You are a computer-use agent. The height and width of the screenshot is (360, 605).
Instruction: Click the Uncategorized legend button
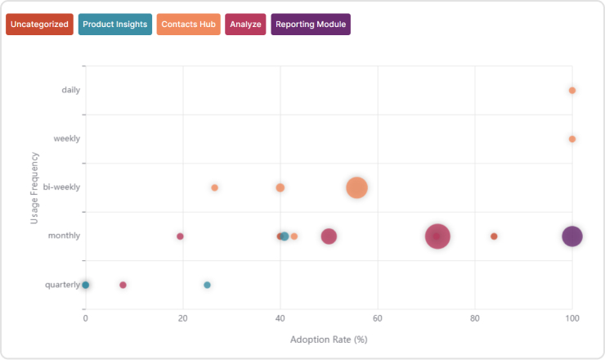click(39, 25)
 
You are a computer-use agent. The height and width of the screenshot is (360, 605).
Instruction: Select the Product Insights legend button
click(115, 25)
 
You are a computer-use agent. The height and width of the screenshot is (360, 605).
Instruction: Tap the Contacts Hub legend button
click(189, 25)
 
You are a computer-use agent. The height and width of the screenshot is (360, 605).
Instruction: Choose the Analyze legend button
click(246, 25)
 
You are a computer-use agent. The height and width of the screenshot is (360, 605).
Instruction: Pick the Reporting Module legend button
click(311, 25)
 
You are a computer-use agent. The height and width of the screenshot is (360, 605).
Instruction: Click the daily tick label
click(71, 90)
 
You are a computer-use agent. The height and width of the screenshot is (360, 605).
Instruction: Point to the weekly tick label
click(67, 138)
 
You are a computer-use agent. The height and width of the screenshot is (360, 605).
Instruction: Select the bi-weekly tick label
click(63, 187)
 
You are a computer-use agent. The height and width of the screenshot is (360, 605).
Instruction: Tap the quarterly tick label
click(62, 285)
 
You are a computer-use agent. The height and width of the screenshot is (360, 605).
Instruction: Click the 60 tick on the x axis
click(378, 317)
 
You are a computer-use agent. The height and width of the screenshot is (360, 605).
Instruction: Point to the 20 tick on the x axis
click(183, 317)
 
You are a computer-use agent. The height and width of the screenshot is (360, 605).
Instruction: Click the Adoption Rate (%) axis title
click(329, 339)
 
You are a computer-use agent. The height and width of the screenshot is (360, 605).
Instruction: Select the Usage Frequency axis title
click(34, 187)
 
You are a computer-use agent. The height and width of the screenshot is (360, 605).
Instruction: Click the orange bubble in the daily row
click(572, 90)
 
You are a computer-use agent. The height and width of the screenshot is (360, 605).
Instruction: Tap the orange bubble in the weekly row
click(572, 139)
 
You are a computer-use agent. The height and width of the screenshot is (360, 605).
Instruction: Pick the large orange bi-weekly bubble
click(356, 187)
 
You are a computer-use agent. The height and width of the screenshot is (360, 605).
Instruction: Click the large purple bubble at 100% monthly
click(572, 236)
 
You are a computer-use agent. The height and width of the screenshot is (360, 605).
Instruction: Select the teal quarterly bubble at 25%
click(207, 285)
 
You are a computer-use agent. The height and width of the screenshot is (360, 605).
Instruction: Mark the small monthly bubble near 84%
click(494, 236)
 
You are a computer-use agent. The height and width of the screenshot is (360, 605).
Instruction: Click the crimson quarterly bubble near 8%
click(123, 285)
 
